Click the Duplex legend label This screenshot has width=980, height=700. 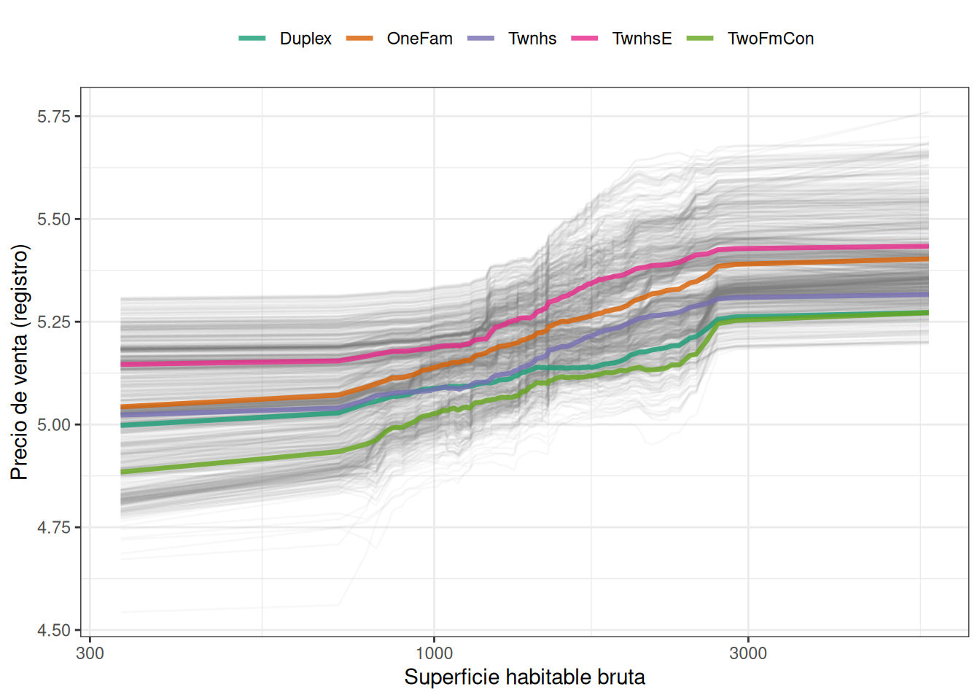305,39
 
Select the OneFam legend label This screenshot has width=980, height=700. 419,39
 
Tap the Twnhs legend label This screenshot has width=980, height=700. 532,39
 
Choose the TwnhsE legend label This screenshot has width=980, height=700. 642,39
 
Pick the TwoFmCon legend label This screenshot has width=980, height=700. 770,39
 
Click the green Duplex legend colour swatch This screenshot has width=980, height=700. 252,38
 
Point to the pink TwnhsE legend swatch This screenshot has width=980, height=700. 585,38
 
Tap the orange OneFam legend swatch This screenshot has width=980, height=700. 359,38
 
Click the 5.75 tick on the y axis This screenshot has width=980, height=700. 54,117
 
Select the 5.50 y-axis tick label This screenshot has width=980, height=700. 54,219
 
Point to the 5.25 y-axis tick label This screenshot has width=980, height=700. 54,322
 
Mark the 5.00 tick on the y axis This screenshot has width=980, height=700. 54,425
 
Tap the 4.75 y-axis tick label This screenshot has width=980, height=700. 54,528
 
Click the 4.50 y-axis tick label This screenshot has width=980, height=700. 54,631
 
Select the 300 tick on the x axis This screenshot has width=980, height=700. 90,653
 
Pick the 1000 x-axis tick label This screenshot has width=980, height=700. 434,653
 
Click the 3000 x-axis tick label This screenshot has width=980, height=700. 748,653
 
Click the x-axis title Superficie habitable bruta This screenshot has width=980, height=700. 524,677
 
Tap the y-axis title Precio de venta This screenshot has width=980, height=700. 20,362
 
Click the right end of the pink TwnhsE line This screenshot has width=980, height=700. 927,246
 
